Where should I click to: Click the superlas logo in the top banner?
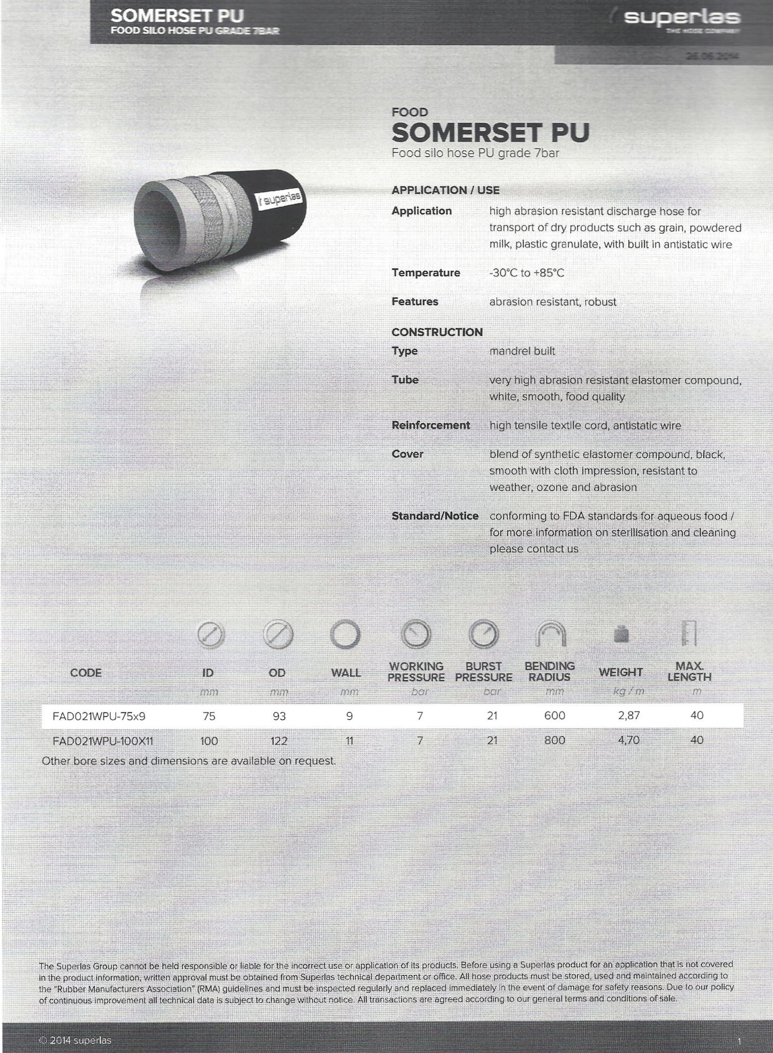682,19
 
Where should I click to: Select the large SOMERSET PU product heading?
490,132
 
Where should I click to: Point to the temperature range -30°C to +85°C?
527,273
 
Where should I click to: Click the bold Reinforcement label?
430,425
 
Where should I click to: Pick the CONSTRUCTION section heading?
437,332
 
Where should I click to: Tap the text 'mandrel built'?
522,351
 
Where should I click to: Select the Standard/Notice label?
435,516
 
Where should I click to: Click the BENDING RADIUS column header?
550,671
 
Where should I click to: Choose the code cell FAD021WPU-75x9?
99,716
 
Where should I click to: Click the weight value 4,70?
628,740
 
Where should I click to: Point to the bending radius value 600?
554,716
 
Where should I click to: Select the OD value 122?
279,741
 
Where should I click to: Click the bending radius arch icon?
550,634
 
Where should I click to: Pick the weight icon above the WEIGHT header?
620,635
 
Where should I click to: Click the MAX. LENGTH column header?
689,671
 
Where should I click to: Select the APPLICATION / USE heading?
445,190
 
